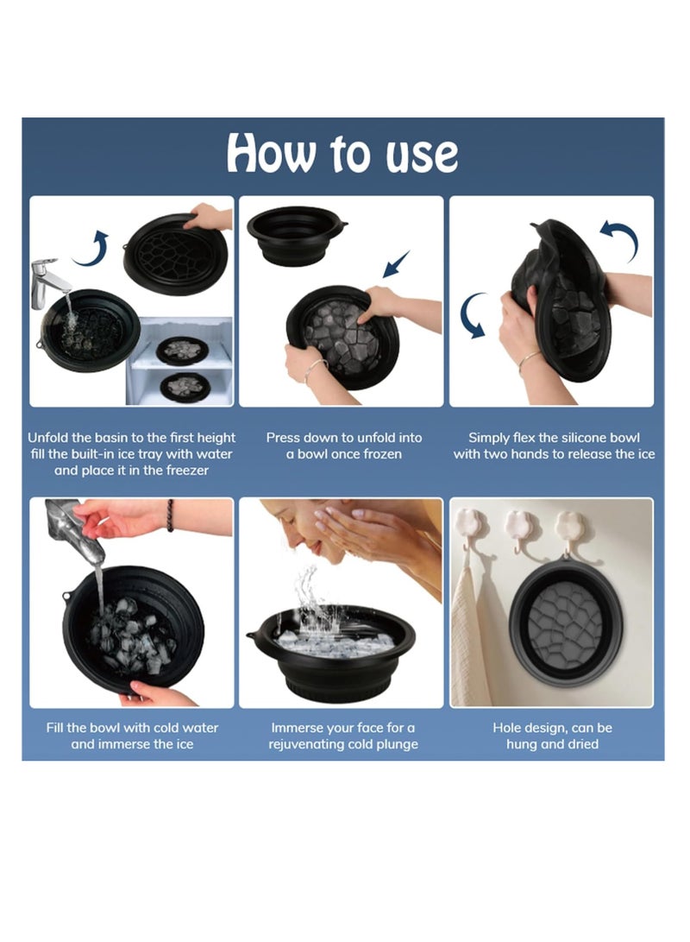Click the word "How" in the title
coord(271,153)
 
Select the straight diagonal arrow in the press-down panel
coord(396,263)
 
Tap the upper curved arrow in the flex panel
coord(620,240)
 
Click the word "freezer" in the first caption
coord(187,471)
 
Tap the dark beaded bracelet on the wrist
coord(171,515)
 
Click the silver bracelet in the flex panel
coord(529,360)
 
